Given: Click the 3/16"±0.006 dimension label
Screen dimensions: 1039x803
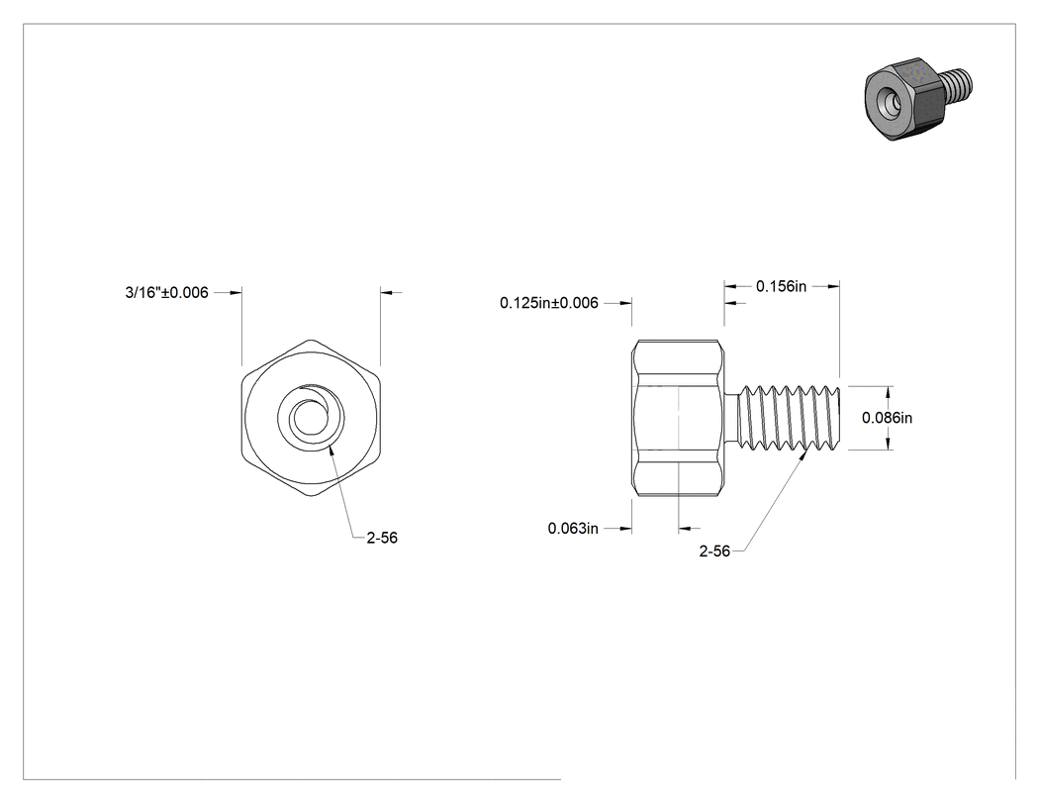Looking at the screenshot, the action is tap(166, 292).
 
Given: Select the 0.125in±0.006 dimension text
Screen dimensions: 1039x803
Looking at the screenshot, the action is tap(548, 303).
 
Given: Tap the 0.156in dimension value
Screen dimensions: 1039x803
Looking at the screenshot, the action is tap(782, 286).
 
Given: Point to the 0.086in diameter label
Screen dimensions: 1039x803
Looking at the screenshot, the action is tap(887, 418).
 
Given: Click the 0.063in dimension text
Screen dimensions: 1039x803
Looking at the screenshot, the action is tap(573, 529).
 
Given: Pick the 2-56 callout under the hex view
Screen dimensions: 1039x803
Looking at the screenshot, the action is tap(382, 538).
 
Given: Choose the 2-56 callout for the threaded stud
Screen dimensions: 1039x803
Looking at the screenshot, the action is tap(714, 552).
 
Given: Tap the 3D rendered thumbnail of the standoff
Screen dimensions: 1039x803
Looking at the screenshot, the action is tap(917, 98).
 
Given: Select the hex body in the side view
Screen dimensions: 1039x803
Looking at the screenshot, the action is tap(677, 418).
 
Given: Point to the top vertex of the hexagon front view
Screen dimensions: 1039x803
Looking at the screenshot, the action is tap(311, 341).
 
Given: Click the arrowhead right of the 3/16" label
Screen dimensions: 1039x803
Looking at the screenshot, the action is tap(236, 292).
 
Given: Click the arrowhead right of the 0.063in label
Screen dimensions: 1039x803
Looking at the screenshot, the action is tap(624, 529).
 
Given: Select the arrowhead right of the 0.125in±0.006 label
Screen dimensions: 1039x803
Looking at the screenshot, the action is tap(624, 303).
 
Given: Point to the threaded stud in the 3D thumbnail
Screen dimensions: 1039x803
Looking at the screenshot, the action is tap(956, 85).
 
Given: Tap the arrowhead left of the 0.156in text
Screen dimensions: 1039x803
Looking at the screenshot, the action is tap(730, 286).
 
